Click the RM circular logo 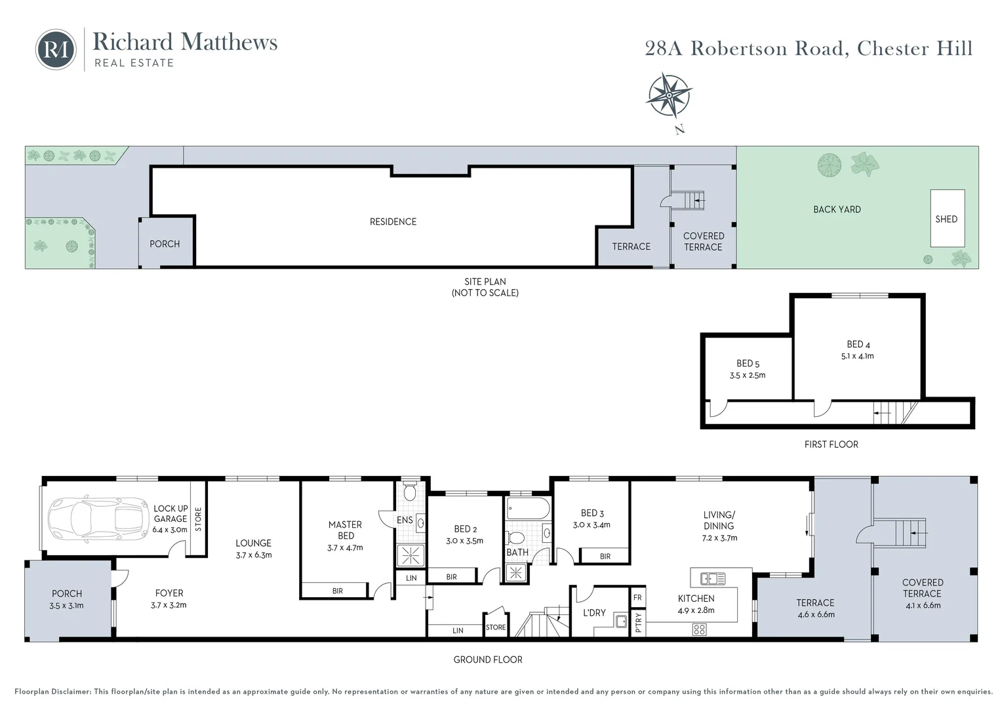[56, 49]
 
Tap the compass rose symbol [669, 96]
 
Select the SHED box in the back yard [947, 219]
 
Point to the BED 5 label [748, 363]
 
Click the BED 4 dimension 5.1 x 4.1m [857, 356]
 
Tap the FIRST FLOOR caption [831, 444]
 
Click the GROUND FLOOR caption [488, 659]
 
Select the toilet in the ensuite [410, 491]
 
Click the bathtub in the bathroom [528, 509]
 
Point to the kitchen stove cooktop [699, 629]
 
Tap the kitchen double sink [712, 578]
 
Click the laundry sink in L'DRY [620, 621]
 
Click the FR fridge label [637, 598]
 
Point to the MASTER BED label [345, 530]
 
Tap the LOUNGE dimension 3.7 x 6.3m [253, 555]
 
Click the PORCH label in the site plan [165, 244]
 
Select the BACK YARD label [837, 210]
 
